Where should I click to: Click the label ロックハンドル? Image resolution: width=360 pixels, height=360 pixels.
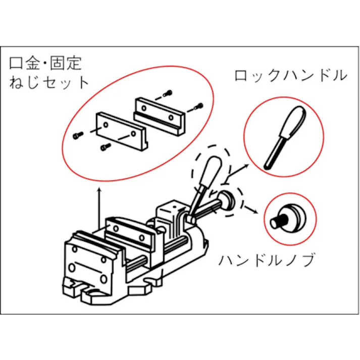tap(290, 76)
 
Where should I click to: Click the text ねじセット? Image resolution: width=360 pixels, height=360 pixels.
tap(49, 82)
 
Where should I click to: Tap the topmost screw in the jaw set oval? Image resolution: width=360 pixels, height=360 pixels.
tap(168, 93)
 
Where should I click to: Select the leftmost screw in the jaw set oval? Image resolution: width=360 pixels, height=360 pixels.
tap(77, 135)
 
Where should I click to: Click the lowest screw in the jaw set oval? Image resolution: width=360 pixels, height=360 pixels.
tap(105, 146)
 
